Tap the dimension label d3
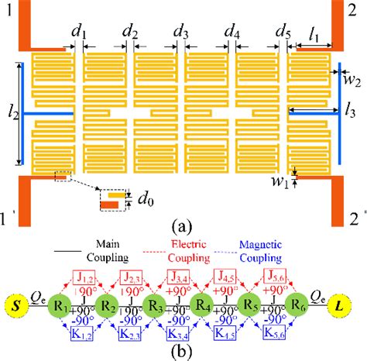(181, 33)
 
